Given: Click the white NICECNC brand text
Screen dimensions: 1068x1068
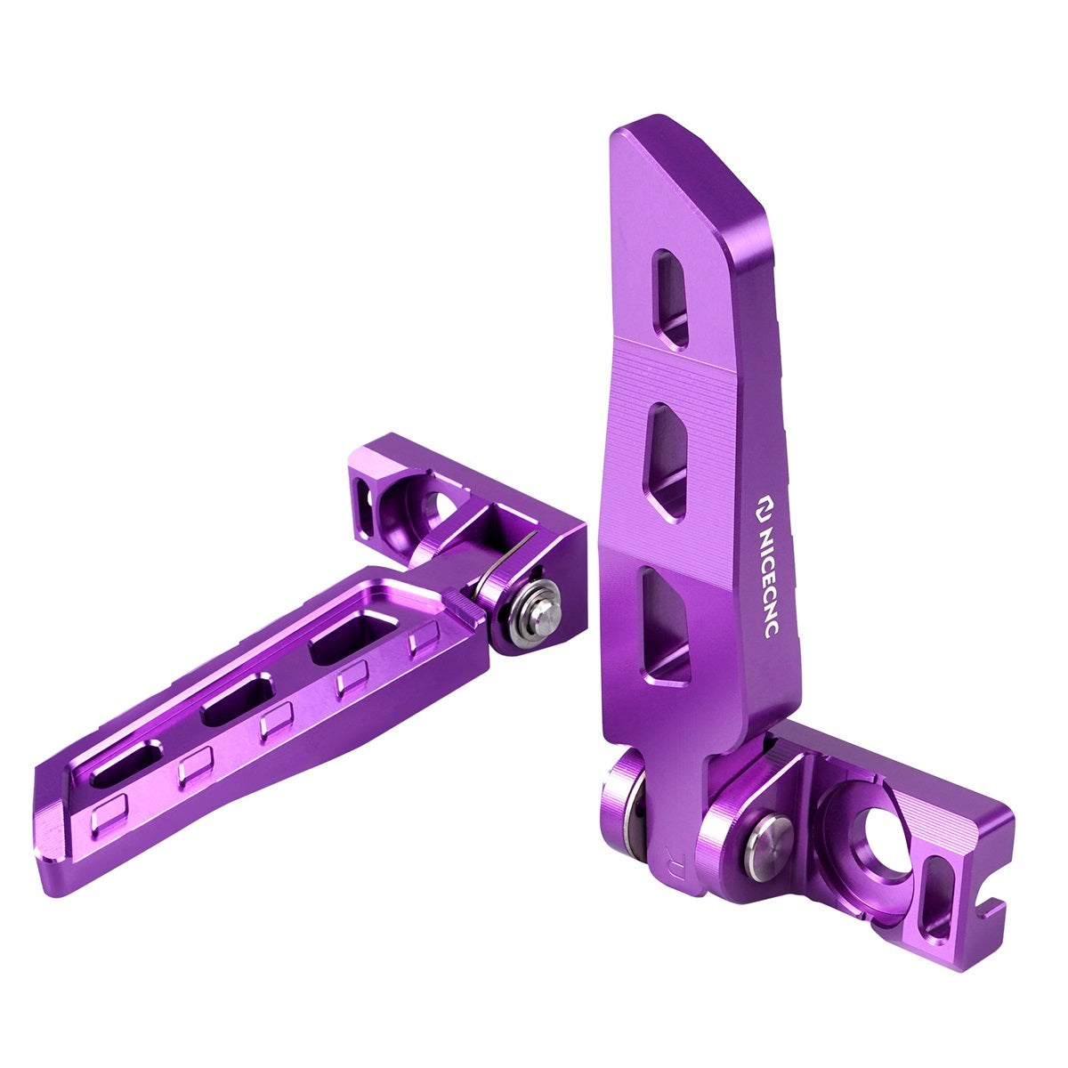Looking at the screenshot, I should point(767,578).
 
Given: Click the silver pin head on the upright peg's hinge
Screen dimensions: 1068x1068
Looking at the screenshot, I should point(767,850).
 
